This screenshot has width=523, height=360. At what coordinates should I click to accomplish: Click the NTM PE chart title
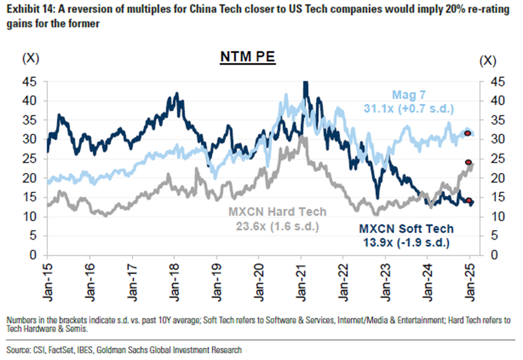[247, 59]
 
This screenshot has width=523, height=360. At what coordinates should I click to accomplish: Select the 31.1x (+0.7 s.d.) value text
[409, 108]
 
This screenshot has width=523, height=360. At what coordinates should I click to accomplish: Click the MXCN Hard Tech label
[277, 212]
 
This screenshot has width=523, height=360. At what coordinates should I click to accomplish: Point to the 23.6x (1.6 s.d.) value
[277, 226]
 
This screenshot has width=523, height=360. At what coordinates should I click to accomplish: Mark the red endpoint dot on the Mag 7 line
[467, 133]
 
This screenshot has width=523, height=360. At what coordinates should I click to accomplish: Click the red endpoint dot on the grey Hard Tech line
[468, 162]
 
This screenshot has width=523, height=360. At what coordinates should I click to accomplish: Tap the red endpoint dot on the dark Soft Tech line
[468, 201]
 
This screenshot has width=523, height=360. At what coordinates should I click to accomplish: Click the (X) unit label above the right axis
[487, 61]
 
